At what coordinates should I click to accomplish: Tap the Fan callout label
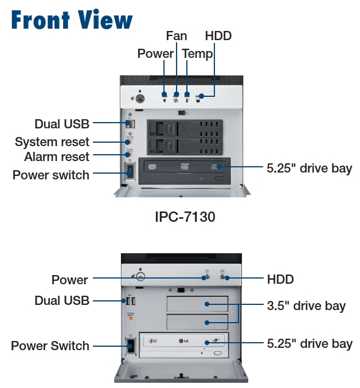[x=177, y=36]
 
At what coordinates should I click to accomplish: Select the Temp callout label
[x=197, y=54]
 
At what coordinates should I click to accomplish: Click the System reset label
[x=52, y=142]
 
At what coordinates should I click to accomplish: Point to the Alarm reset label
[x=57, y=156]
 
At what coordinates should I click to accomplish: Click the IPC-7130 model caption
[x=185, y=217]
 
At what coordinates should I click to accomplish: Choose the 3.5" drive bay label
[x=306, y=305]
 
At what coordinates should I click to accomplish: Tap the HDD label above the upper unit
[x=218, y=36]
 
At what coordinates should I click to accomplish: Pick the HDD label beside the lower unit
[x=280, y=280]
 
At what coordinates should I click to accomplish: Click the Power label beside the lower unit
[x=70, y=280]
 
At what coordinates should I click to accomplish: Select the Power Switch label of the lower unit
[x=50, y=346]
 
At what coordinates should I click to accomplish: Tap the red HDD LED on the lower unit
[x=228, y=279]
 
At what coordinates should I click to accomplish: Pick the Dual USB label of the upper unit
[x=62, y=124]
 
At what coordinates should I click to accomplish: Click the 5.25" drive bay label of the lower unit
[x=310, y=344]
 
